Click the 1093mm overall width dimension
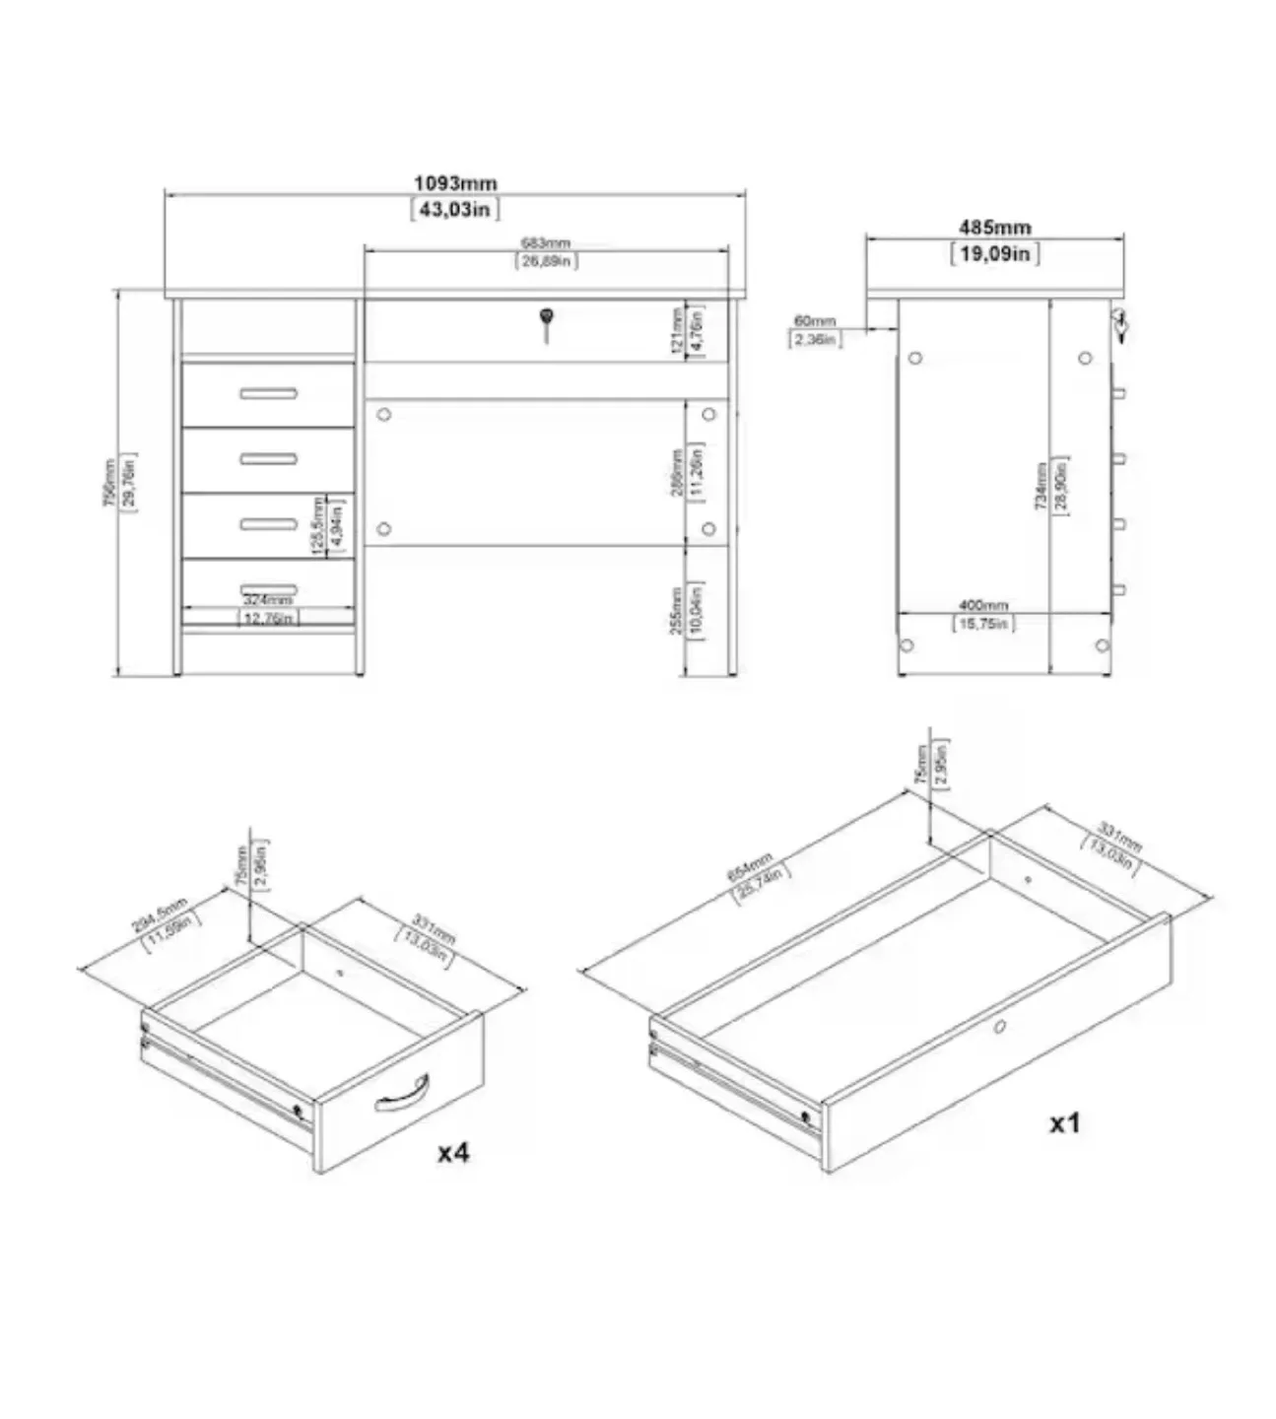455,183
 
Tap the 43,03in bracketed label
455,209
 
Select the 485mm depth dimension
995,228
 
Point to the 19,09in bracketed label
995,253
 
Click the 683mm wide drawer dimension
546,243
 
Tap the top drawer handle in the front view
268,394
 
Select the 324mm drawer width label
268,600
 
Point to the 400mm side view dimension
982,605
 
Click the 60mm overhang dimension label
814,321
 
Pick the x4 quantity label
453,1152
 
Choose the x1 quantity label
1064,1122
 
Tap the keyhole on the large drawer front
999,1027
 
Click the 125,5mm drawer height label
317,526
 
